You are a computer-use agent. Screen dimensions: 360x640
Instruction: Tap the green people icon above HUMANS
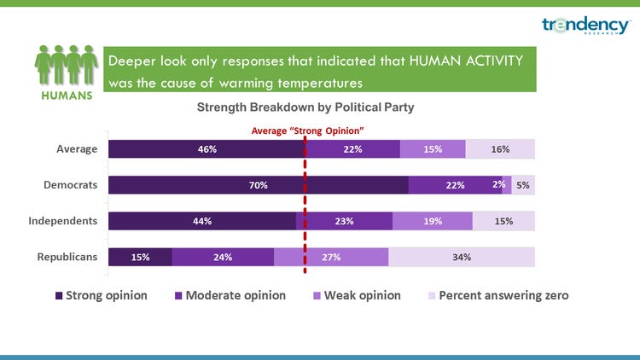63,65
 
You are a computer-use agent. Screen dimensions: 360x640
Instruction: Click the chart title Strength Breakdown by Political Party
305,107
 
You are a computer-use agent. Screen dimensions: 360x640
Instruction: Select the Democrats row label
71,185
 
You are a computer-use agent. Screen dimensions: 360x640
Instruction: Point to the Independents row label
62,221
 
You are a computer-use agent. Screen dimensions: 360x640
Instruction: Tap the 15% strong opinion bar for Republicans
140,257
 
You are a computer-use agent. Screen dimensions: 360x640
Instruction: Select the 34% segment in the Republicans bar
462,257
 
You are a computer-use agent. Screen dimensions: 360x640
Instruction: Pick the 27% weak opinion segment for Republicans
331,257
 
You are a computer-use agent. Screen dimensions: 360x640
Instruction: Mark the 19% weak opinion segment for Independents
433,221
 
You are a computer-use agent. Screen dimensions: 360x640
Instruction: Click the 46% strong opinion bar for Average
206,149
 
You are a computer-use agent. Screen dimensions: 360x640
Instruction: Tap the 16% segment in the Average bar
500,149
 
